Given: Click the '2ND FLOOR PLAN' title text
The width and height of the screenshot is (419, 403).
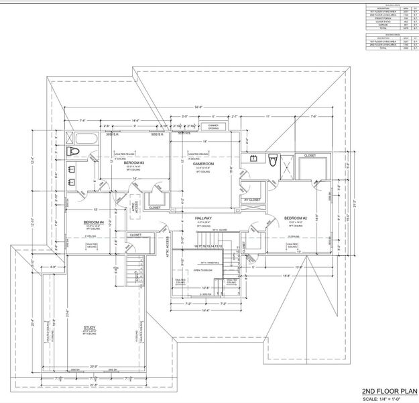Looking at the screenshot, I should [388, 389].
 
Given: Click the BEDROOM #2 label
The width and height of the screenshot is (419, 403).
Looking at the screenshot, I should [295, 218].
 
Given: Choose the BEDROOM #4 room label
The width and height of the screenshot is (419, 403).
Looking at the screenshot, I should [93, 222].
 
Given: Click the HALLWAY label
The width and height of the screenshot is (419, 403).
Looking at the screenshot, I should [203, 218].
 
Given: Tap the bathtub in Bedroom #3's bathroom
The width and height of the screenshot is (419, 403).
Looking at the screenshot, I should [86, 142].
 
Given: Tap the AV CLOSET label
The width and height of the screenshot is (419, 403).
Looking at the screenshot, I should [252, 199].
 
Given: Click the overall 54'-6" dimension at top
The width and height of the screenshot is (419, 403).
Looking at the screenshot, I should [198, 106].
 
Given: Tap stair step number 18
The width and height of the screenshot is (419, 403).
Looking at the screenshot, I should [194, 247].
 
